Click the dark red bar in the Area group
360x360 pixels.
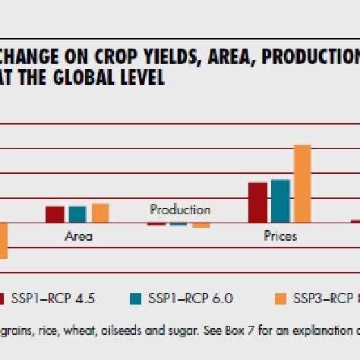[55, 214]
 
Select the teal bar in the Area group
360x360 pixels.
[77, 214]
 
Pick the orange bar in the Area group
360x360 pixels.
[100, 213]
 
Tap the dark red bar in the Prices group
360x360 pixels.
[257, 202]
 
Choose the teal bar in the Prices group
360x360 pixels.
[280, 201]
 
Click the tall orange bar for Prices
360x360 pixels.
[302, 184]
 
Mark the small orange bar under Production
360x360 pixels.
[201, 226]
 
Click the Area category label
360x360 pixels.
[78, 236]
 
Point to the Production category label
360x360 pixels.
[180, 210]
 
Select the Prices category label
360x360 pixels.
[280, 236]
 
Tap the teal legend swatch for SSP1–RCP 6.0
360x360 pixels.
[136, 298]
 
